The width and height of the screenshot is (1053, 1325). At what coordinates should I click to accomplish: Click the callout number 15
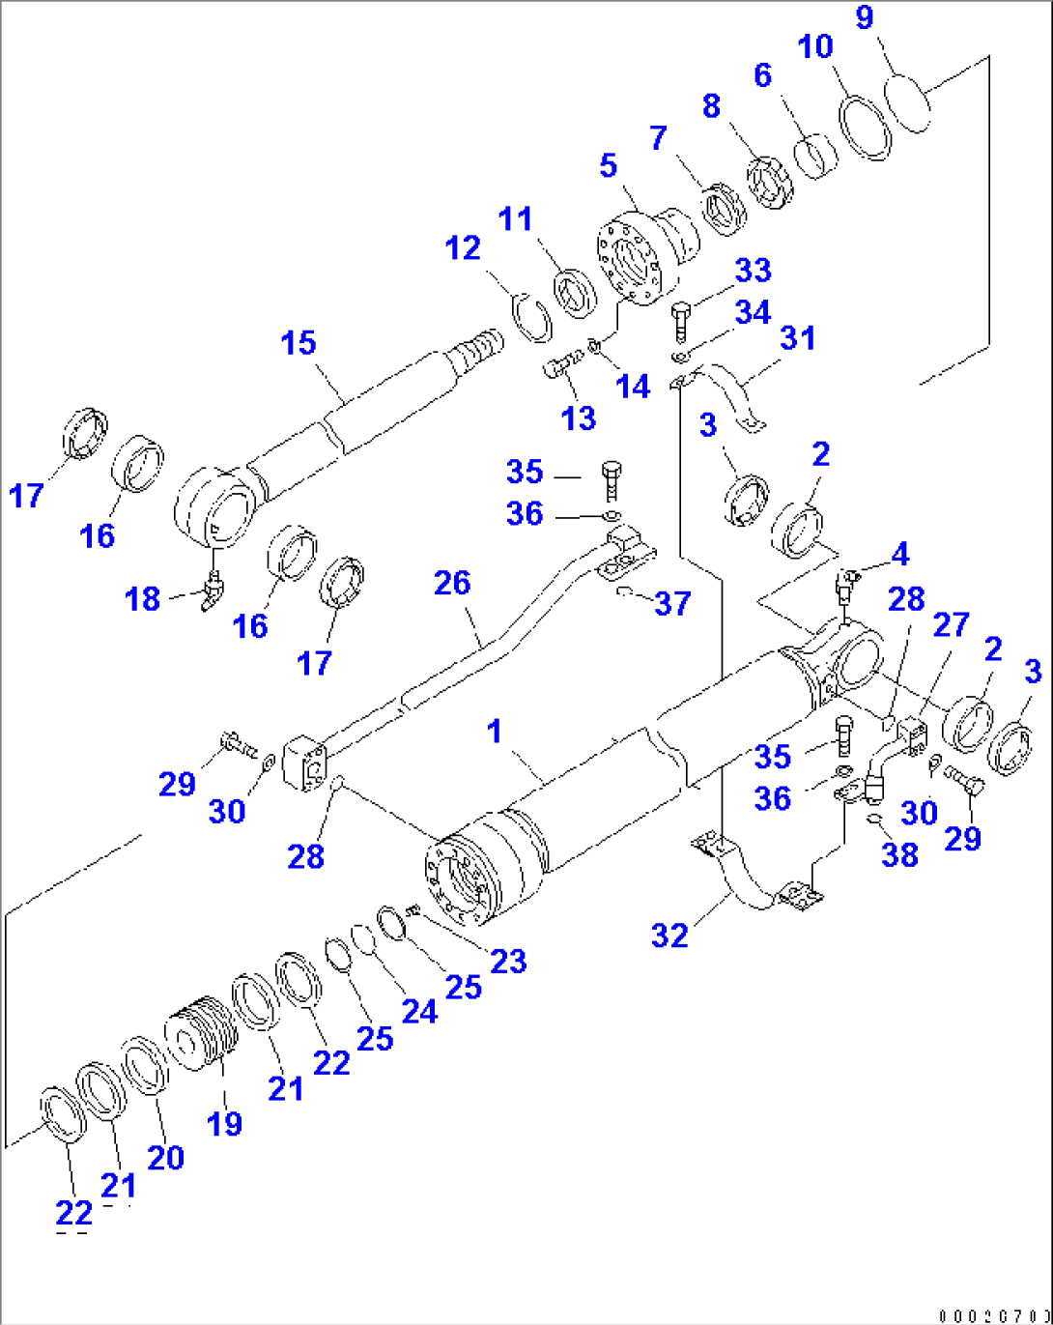pos(299,343)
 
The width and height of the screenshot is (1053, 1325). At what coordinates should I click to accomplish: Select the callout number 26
pos(452,583)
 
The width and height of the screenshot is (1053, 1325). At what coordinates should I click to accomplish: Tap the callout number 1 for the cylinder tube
pos(495,731)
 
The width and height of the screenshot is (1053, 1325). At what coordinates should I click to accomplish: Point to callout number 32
pos(669,936)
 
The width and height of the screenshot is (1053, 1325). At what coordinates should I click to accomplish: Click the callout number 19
pos(224,1124)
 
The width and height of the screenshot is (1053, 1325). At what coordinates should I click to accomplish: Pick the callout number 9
pos(865,16)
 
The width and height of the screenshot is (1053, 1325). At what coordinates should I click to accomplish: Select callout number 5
pos(608,165)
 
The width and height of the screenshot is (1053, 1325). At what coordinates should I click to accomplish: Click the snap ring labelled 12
pos(530,316)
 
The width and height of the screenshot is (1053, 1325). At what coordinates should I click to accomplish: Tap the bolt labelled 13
pos(559,367)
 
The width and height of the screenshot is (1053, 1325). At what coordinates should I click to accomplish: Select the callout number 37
pos(672,604)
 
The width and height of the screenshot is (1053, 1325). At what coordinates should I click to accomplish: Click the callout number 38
pos(899,854)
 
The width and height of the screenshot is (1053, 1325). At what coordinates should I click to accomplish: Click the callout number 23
pos(508,961)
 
